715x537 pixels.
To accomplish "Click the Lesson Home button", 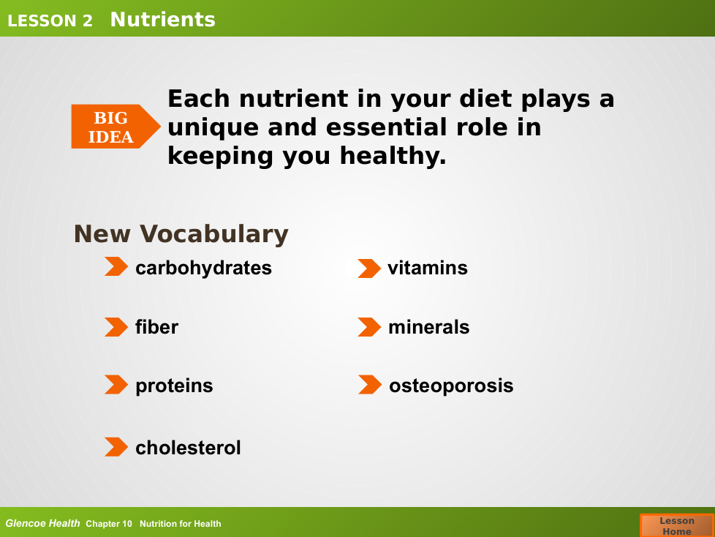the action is tap(677, 525).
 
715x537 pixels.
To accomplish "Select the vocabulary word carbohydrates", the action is tap(203, 268).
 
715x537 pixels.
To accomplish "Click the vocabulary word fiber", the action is tap(156, 327).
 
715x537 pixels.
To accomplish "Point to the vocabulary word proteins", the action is tap(174, 386).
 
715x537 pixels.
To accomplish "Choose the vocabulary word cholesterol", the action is tap(188, 448).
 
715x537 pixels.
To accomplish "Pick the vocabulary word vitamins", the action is tap(427, 268).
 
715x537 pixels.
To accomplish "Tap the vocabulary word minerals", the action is tap(428, 327).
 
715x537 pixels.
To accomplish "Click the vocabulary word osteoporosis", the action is tap(451, 386).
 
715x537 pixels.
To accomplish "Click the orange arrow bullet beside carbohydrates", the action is tap(116, 266).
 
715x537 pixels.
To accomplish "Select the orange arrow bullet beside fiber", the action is tap(116, 327).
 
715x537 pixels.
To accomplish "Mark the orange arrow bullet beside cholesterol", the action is tap(116, 447).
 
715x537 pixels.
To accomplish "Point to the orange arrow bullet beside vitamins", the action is tap(369, 268).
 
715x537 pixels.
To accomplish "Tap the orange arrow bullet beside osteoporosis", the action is tap(370, 385).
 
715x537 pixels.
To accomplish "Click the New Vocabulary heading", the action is tap(181, 234).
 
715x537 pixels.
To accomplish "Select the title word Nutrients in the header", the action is tap(163, 20).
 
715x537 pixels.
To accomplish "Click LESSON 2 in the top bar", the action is tap(50, 21).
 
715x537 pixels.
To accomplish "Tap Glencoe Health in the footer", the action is tap(42, 523).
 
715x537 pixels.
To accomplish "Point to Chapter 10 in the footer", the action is tap(108, 524).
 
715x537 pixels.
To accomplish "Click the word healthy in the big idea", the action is tap(393, 156).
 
